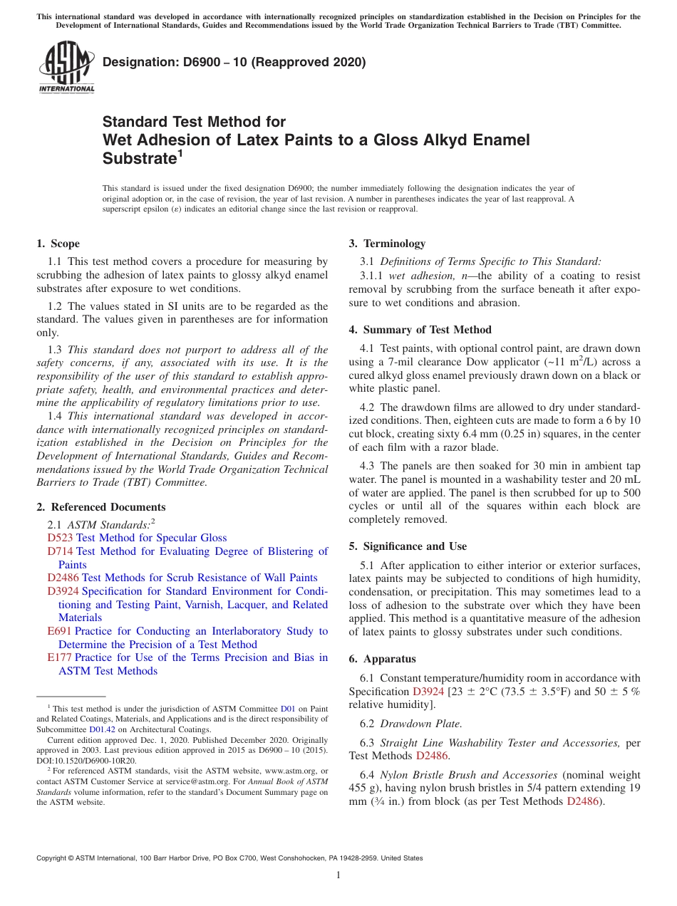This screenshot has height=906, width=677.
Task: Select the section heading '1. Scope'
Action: [58, 244]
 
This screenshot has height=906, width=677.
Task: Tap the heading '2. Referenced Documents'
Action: [101, 507]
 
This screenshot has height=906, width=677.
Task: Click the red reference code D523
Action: [60, 538]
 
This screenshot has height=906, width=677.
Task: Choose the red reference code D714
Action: [60, 551]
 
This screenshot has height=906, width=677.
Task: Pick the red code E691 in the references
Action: [59, 631]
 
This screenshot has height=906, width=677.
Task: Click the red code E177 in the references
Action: [59, 657]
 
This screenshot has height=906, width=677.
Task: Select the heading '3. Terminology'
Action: [387, 244]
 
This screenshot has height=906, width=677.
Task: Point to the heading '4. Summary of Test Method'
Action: [420, 330]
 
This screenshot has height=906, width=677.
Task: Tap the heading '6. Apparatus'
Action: [382, 659]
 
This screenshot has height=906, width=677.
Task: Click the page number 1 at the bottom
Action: [338, 875]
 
